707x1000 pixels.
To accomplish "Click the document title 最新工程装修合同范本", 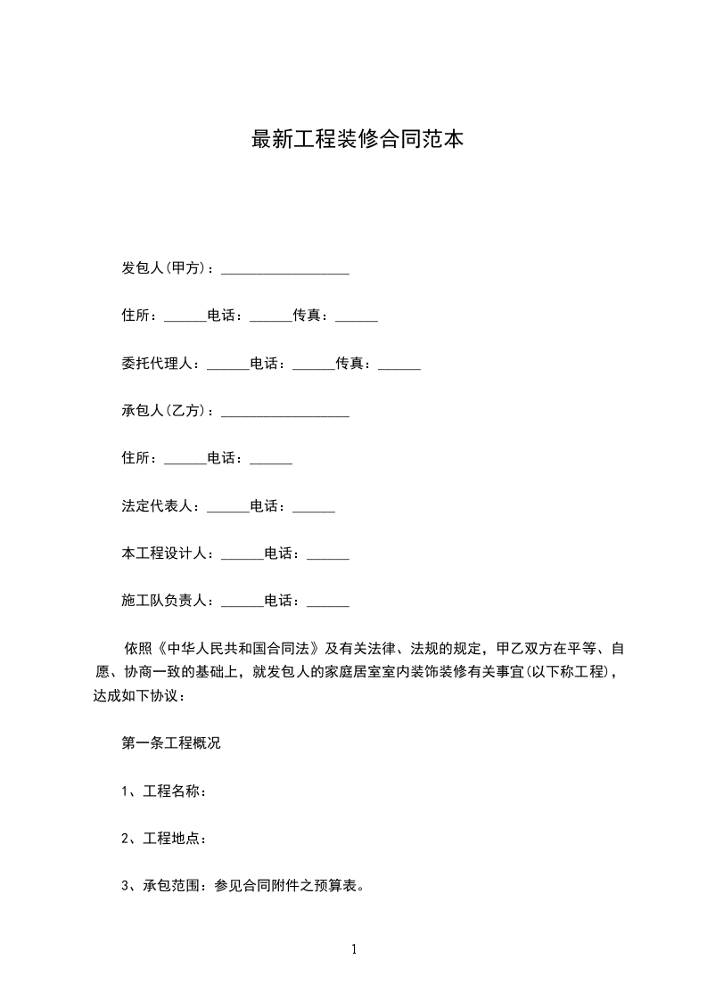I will pos(358,140).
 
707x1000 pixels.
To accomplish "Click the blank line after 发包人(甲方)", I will pos(284,269).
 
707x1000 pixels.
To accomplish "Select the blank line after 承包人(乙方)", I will pos(284,412).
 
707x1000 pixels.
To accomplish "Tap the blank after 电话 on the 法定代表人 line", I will pos(313,507).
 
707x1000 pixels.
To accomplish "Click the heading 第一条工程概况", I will pos(171,743).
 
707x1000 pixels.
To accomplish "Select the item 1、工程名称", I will pos(165,791).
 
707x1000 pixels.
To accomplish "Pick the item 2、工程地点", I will pos(165,839).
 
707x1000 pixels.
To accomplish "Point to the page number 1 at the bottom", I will pos(354,950).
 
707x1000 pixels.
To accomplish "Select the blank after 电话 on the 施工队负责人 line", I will pos(327,602).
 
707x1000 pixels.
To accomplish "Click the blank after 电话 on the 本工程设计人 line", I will pos(327,555).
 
